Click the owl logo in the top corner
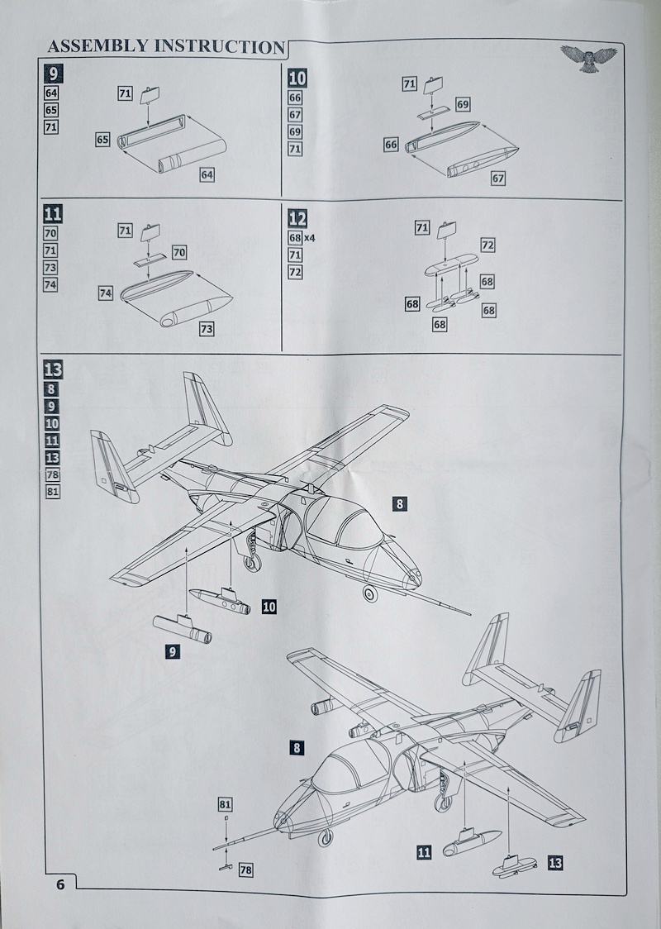coord(588,58)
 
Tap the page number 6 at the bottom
coord(59,884)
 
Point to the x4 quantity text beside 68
coord(311,238)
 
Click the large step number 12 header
coord(297,219)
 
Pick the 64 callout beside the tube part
coord(207,174)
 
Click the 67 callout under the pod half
coord(497,178)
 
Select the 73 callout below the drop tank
coord(207,329)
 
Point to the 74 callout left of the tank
coord(105,293)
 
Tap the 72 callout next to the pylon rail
coord(487,245)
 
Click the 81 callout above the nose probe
coord(225,803)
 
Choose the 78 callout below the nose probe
coord(245,869)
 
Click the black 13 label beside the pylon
coord(555,864)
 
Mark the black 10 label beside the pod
coord(269,607)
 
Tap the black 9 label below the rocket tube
coord(173,651)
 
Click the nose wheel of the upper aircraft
coord(369,593)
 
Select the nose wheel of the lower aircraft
coord(326,837)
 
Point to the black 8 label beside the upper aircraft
coord(401,502)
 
